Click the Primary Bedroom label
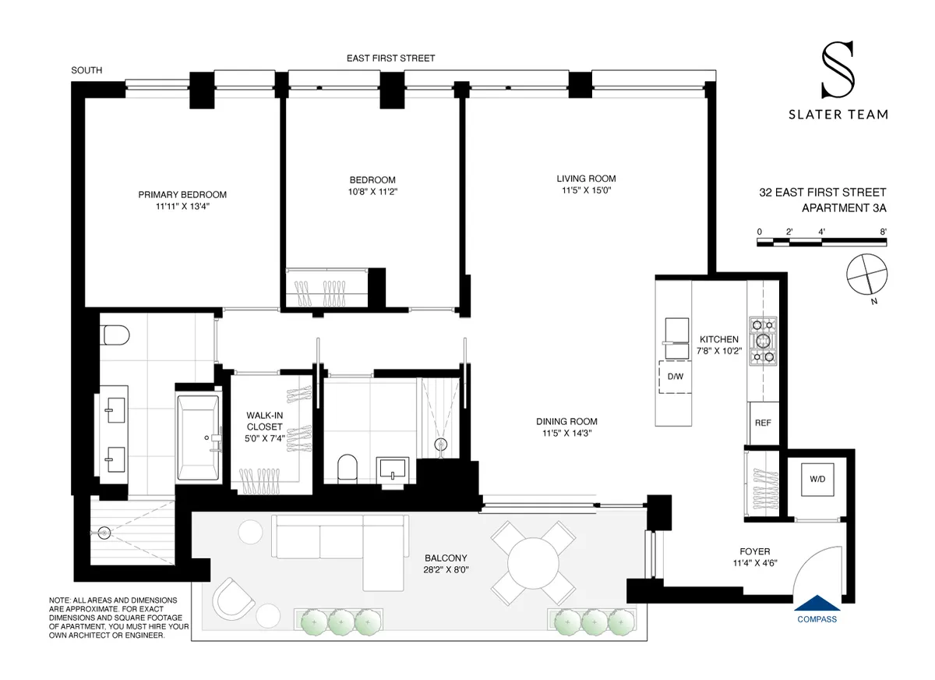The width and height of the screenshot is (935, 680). [x=182, y=194]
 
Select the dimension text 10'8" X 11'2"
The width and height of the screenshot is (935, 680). [x=372, y=191]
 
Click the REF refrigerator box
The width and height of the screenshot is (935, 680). [x=763, y=423]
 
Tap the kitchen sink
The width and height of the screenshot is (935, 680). [x=674, y=331]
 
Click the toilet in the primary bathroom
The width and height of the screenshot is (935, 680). [x=115, y=335]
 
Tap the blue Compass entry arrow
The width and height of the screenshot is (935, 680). [x=817, y=603]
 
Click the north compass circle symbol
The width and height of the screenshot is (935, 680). [x=866, y=274]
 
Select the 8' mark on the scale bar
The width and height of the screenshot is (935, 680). [x=882, y=231]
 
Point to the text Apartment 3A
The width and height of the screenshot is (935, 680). [x=844, y=207]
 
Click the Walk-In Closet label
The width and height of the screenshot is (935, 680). [x=265, y=421]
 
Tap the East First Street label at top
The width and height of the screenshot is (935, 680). [x=390, y=58]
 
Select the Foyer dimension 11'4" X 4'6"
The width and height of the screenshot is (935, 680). [x=755, y=564]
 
